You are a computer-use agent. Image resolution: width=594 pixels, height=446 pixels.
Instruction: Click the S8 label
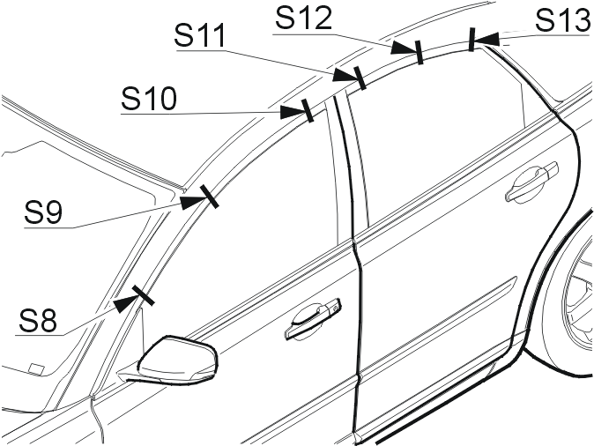38,321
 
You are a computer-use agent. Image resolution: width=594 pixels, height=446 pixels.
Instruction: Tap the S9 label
43,212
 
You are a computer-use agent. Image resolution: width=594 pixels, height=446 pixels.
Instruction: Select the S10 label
149,99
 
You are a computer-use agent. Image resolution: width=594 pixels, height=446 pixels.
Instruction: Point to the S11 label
200,35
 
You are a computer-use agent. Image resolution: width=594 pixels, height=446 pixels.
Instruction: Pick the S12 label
304,18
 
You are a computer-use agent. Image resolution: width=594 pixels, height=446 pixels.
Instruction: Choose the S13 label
564,20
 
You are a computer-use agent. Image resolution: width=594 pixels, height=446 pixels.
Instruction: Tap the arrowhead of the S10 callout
293,112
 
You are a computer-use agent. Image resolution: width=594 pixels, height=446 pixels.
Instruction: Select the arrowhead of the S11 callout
345,75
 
